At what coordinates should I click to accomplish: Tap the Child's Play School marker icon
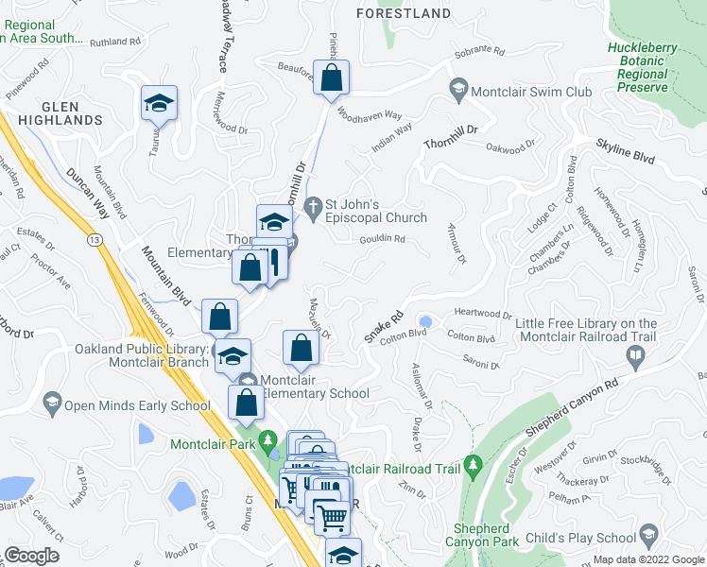tap(648, 538)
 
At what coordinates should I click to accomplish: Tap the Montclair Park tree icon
tap(269, 440)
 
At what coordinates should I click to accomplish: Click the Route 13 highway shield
tap(94, 241)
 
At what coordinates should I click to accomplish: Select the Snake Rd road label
tap(383, 327)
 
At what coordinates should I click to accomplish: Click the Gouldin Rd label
tap(382, 240)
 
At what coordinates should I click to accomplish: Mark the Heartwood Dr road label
tap(482, 315)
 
